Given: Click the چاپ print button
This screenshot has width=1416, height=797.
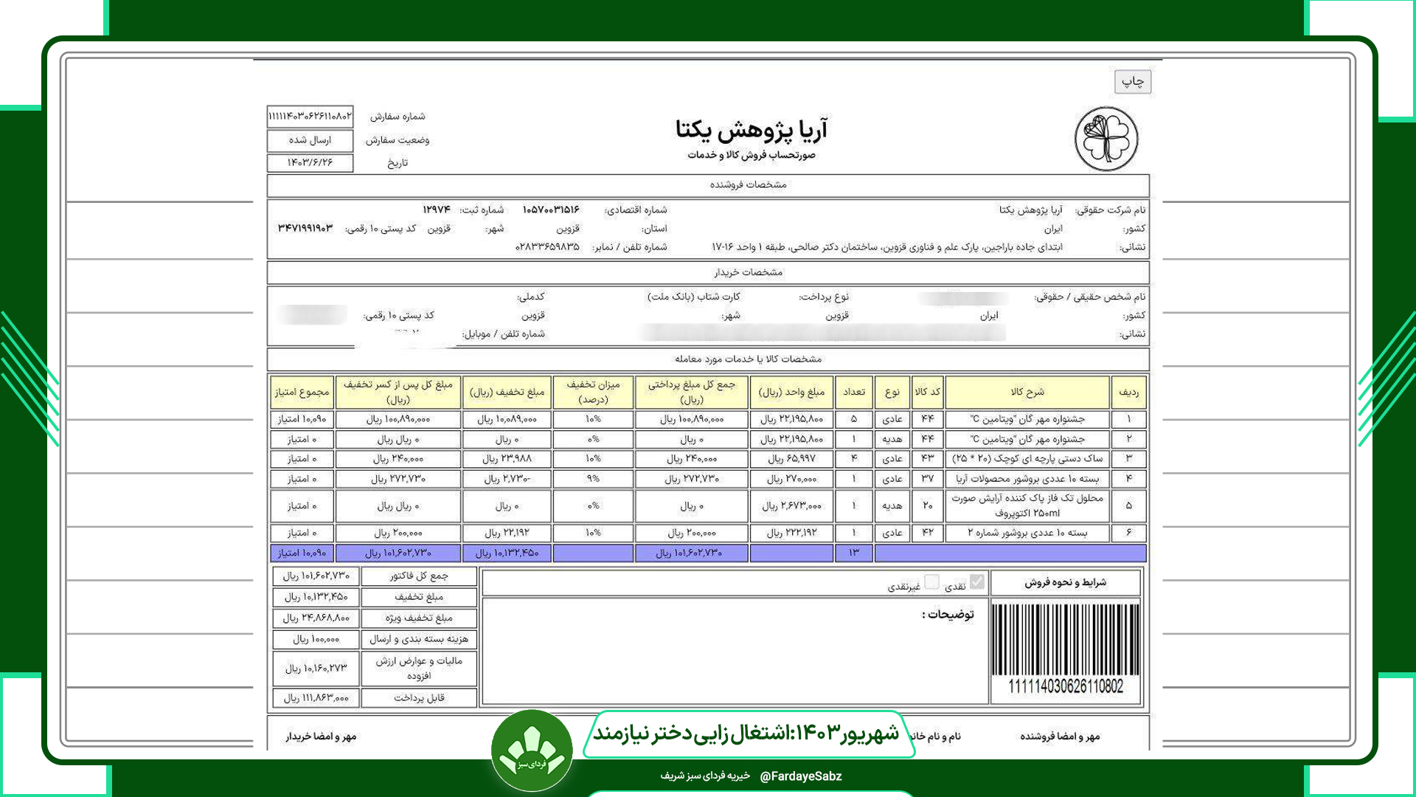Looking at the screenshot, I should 1132,81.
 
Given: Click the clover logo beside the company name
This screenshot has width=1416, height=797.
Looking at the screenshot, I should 1106,139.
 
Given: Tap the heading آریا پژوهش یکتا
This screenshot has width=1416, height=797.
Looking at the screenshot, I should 751,131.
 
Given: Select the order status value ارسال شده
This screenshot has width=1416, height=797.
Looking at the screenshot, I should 310,139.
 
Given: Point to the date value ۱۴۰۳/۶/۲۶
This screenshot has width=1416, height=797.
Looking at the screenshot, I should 310,162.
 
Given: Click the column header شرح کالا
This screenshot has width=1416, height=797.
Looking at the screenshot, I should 1027,392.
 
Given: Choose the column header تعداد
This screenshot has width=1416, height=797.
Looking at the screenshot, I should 854,392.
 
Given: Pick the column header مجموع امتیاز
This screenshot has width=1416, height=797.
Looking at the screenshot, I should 302,392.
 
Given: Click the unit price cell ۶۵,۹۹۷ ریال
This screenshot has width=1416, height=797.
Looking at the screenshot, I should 791,458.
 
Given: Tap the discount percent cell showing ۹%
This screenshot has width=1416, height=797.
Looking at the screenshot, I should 593,478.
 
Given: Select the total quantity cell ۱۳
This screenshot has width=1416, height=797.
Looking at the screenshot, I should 854,553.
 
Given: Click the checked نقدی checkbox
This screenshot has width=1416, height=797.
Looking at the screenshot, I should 977,582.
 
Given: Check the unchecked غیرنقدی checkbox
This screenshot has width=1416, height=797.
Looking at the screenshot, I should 932,582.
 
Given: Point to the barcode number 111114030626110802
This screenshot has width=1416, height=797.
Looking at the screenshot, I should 1066,687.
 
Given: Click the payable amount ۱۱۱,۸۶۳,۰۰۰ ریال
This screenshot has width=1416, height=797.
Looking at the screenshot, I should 316,697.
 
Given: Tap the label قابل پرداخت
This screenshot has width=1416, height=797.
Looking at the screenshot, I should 419,697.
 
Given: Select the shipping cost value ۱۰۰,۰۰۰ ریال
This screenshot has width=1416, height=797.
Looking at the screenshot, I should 316,639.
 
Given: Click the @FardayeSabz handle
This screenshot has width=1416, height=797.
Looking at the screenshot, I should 800,776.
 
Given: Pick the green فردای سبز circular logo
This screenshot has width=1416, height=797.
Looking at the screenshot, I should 532,751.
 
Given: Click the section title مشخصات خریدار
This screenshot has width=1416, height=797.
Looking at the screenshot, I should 748,272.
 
